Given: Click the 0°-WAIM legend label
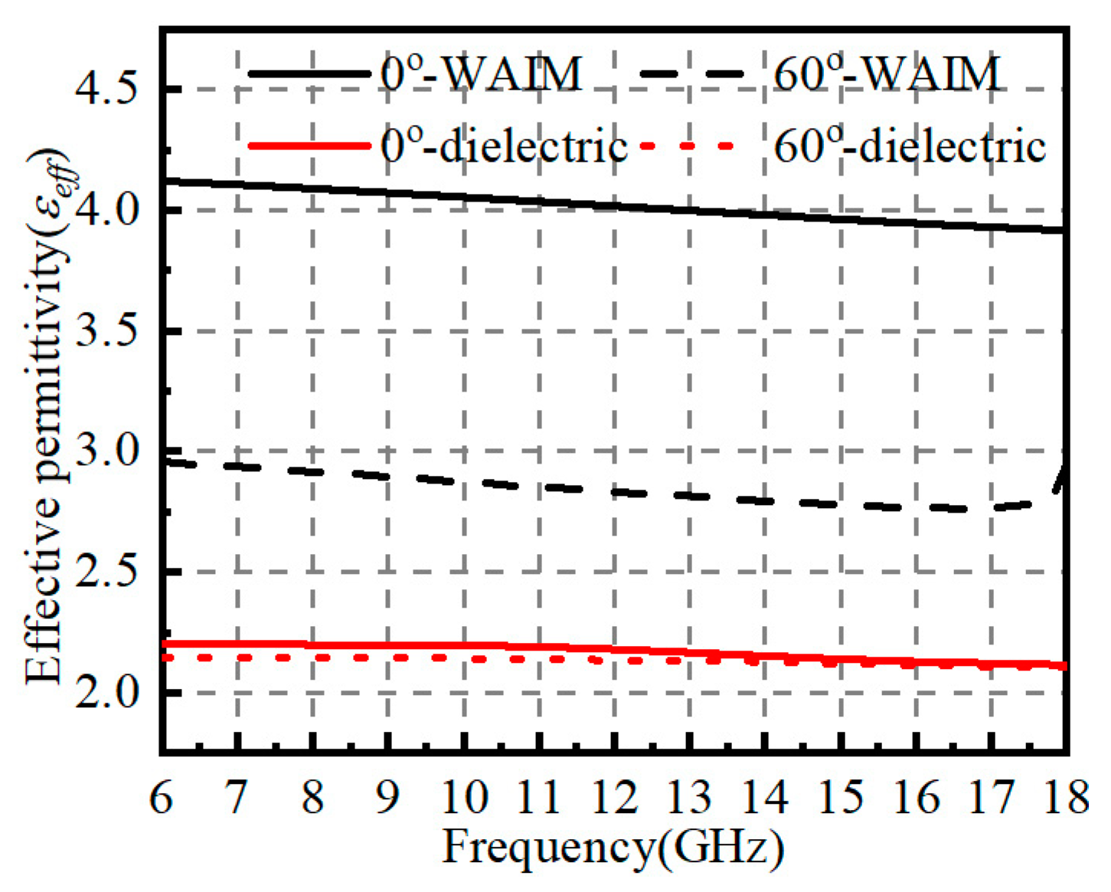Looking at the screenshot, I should coord(481,75).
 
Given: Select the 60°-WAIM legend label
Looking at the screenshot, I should coord(887,75).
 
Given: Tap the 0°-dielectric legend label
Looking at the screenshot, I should coord(504,145).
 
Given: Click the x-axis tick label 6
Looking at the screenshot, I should coord(161,797).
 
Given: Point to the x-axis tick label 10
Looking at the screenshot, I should coord(463,797).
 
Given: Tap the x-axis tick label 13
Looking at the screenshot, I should coord(689,797).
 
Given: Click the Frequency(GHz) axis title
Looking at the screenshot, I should coord(613,848).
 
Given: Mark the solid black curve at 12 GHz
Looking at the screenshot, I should coord(614,205).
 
